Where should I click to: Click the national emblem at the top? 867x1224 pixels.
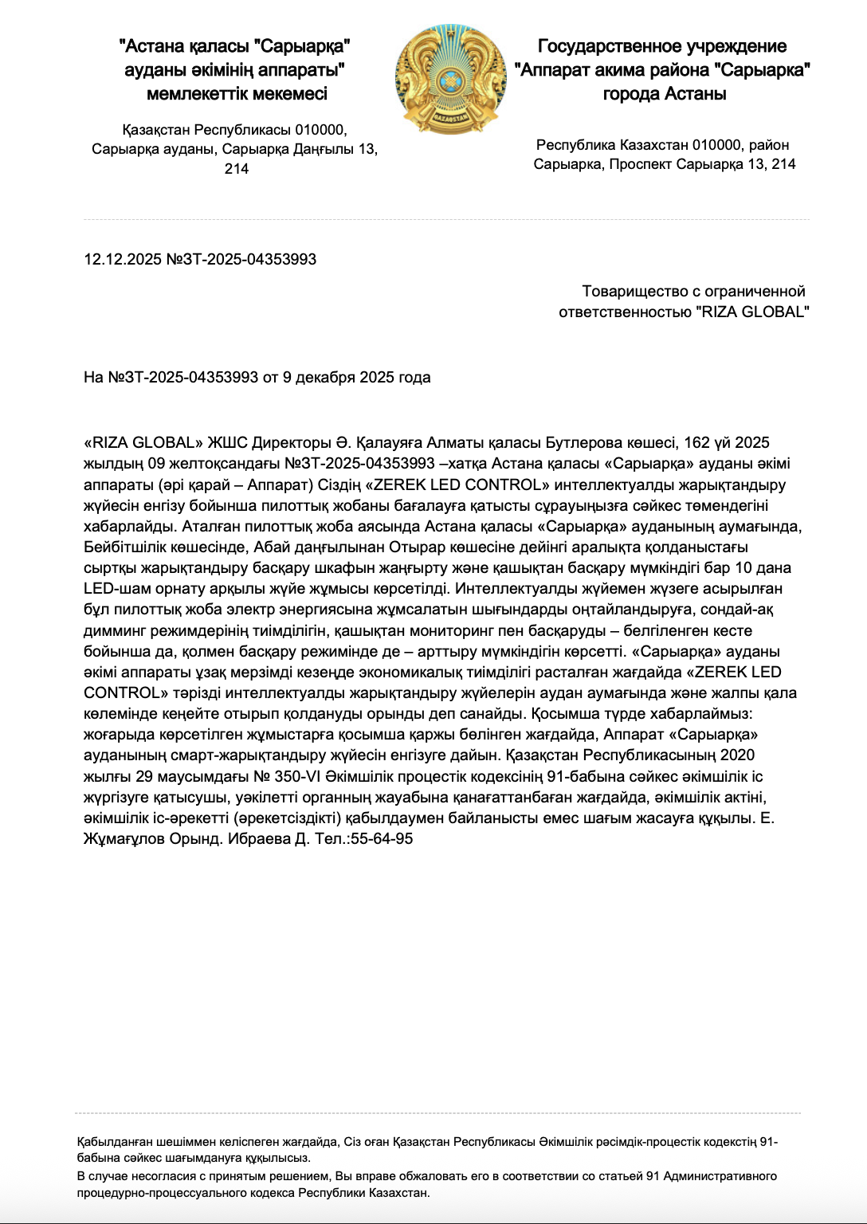tap(451, 78)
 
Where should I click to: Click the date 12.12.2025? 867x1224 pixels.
tap(123, 260)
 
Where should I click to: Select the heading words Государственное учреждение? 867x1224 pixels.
tap(662, 46)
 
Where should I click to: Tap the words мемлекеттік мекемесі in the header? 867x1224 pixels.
tap(237, 94)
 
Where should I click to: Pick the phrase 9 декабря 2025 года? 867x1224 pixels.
tap(356, 378)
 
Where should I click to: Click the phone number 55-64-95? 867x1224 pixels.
tap(382, 839)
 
